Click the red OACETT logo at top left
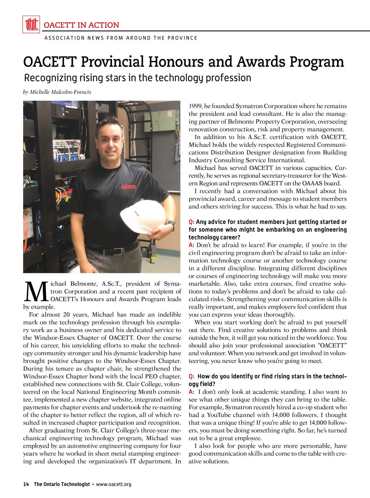[31, 24]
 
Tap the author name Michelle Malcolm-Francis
[60, 92]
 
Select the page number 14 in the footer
[26, 484]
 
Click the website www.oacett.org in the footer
[114, 484]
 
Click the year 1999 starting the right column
[195, 106]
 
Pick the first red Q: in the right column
[191, 222]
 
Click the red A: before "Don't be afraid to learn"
[191, 245]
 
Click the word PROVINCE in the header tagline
[182, 38]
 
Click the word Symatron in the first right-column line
[248, 106]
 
